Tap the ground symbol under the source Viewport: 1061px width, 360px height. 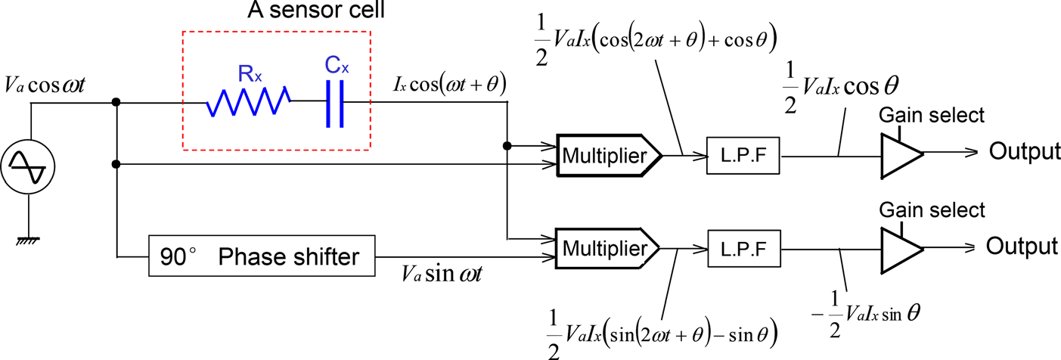pyautogui.click(x=31, y=240)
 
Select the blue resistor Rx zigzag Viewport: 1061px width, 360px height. pyautogui.click(x=249, y=101)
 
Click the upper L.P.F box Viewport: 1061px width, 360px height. pyautogui.click(x=743, y=156)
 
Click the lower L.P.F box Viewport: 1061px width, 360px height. pyautogui.click(x=743, y=248)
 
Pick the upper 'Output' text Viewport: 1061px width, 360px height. pyautogui.click(x=1024, y=152)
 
